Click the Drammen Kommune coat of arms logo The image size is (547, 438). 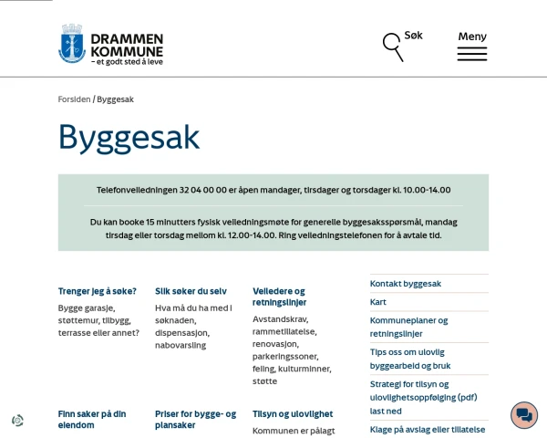click(72, 44)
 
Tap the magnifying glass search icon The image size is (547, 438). click(393, 46)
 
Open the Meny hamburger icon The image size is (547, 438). click(471, 53)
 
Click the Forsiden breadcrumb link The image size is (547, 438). click(74, 99)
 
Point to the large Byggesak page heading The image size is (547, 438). click(129, 138)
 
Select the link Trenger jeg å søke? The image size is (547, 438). click(98, 291)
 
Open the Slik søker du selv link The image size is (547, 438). click(191, 291)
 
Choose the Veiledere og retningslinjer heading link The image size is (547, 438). click(279, 297)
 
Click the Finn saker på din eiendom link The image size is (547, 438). click(92, 419)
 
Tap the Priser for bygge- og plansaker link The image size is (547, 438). click(195, 419)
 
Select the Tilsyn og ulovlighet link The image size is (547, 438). click(293, 413)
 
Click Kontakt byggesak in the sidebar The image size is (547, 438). click(406, 284)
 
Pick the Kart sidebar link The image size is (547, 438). click(378, 302)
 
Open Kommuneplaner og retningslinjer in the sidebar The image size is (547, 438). click(408, 327)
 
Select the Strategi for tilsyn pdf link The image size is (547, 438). click(423, 397)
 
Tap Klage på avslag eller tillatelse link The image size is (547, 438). click(428, 429)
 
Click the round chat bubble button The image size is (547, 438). click(524, 415)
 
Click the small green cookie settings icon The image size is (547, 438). click(17, 421)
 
